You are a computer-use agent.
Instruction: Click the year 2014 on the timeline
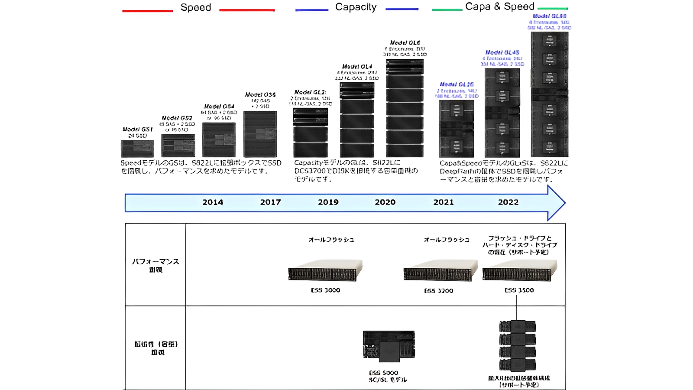pos(213,202)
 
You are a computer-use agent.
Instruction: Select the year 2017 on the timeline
pos(270,202)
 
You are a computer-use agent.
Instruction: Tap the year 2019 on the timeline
pos(328,202)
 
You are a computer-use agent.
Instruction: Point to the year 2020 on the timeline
pos(385,202)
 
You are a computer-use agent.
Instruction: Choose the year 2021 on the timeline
pos(444,202)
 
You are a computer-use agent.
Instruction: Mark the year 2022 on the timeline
pos(508,202)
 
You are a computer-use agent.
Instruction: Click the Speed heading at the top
pos(196,7)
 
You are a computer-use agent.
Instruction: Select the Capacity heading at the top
pos(356,7)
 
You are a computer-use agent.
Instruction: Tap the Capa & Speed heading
pos(499,6)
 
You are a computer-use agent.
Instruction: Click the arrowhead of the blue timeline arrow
pos(556,203)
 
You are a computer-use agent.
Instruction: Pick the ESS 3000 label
pos(325,290)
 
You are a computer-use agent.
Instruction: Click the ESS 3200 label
pos(438,291)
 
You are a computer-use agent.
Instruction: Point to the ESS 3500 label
pos(519,290)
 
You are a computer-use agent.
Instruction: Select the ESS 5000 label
pos(383,373)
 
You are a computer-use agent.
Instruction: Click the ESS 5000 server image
pos(389,345)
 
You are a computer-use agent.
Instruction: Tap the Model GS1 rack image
pos(137,149)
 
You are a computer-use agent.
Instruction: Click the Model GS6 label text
pos(260,94)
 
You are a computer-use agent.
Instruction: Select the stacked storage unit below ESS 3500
pos(517,346)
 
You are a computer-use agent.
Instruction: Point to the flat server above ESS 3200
pos(440,271)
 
